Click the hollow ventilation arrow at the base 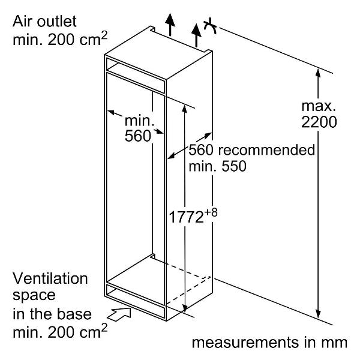119,314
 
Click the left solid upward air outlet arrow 170,25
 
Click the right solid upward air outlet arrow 196,35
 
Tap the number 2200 319,122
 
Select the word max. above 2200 319,106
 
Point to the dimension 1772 186,217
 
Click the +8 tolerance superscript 211,212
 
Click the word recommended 266,150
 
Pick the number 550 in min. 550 234,166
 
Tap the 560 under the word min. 138,136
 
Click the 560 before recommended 201,150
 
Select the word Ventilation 50,278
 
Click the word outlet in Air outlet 57,22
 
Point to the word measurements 245,343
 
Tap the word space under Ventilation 34,296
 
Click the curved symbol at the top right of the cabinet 210,26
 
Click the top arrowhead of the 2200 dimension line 318,73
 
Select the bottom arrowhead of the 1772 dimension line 185,308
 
